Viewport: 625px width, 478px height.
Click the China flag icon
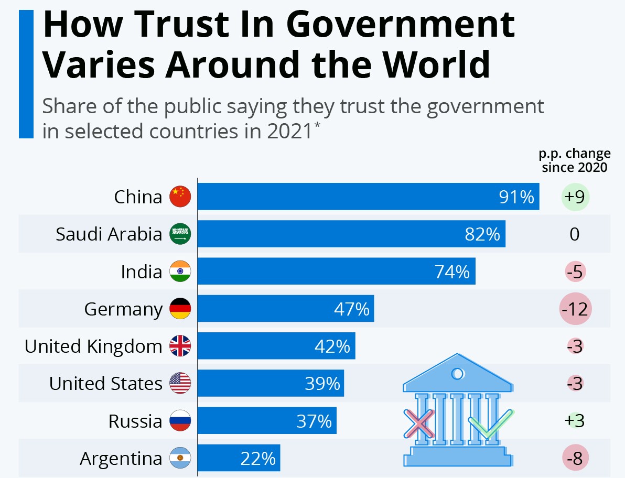[x=180, y=197]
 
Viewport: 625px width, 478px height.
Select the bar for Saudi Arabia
[x=351, y=234]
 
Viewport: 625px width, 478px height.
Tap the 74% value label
[x=452, y=271]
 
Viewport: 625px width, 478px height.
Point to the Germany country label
[x=123, y=309]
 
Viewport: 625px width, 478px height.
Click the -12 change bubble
[x=575, y=309]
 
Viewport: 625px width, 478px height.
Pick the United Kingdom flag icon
[x=180, y=346]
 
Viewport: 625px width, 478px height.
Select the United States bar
[x=271, y=384]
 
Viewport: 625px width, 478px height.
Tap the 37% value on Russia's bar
[x=314, y=421]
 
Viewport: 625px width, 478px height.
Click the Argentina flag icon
[x=180, y=459]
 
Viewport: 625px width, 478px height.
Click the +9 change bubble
[x=575, y=197]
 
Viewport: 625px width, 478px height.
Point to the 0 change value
[x=575, y=234]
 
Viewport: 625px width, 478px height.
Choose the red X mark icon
[x=419, y=423]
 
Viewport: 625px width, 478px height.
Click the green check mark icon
[x=489, y=423]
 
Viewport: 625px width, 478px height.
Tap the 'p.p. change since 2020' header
[x=575, y=160]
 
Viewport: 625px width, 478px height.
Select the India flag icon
[x=180, y=271]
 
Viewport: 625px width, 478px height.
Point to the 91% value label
[x=516, y=197]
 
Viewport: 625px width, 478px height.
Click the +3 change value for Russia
[x=575, y=421]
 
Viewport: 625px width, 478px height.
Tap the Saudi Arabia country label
[x=109, y=234]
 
